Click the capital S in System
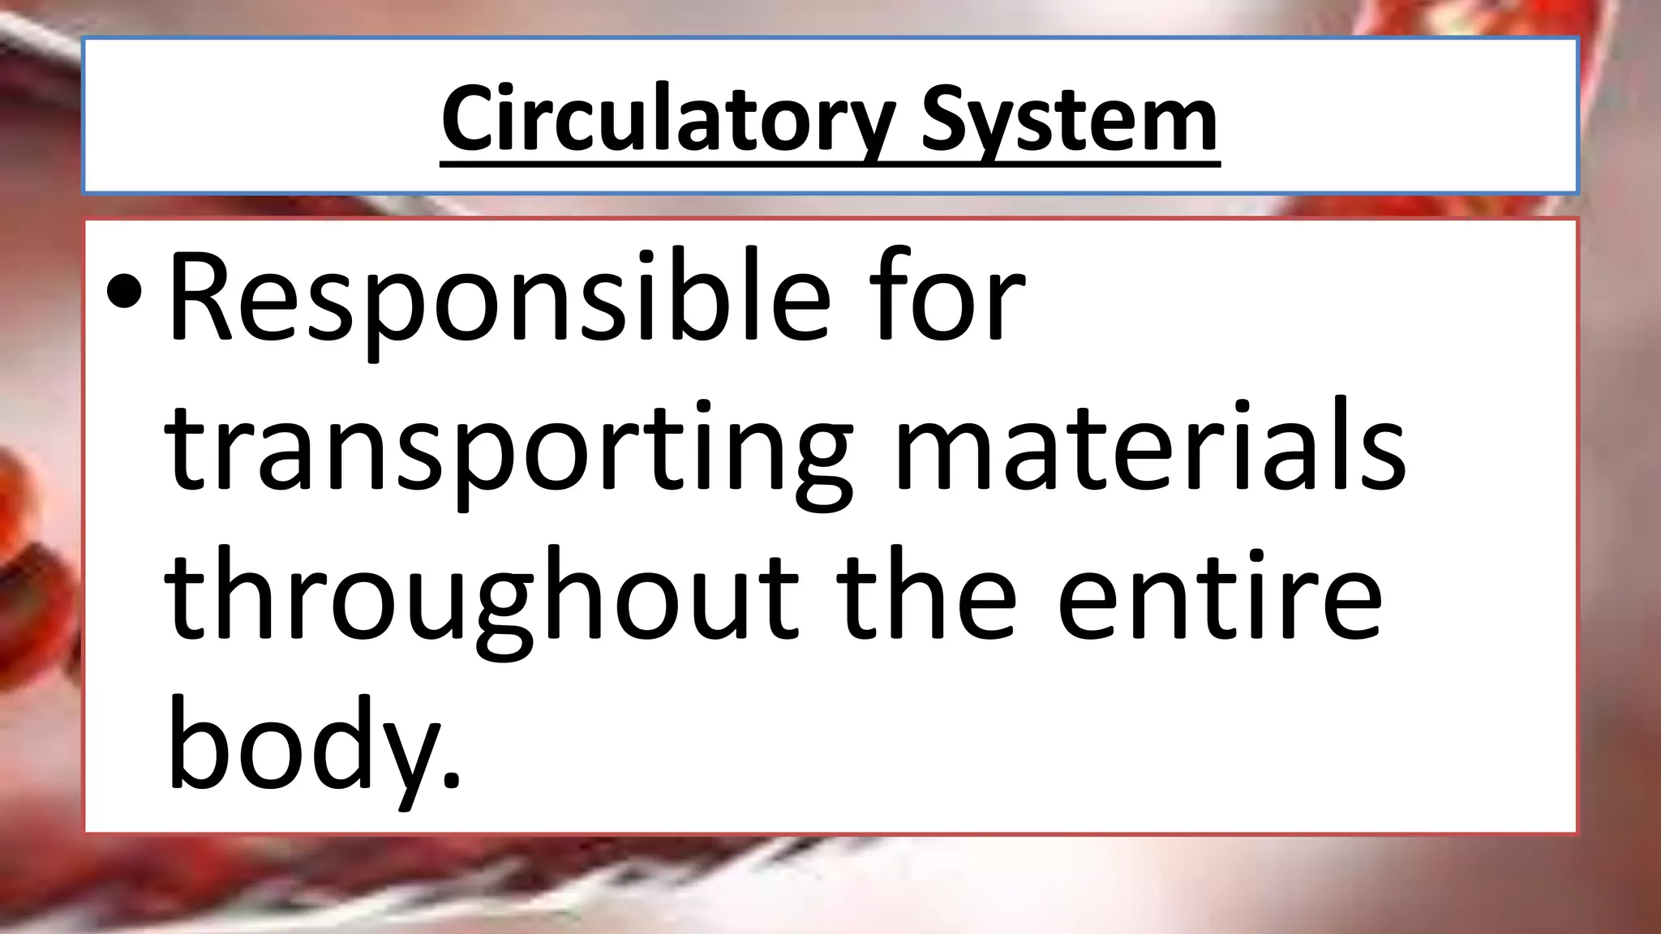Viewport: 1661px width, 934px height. coord(946,120)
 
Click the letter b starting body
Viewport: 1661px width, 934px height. coord(195,742)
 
